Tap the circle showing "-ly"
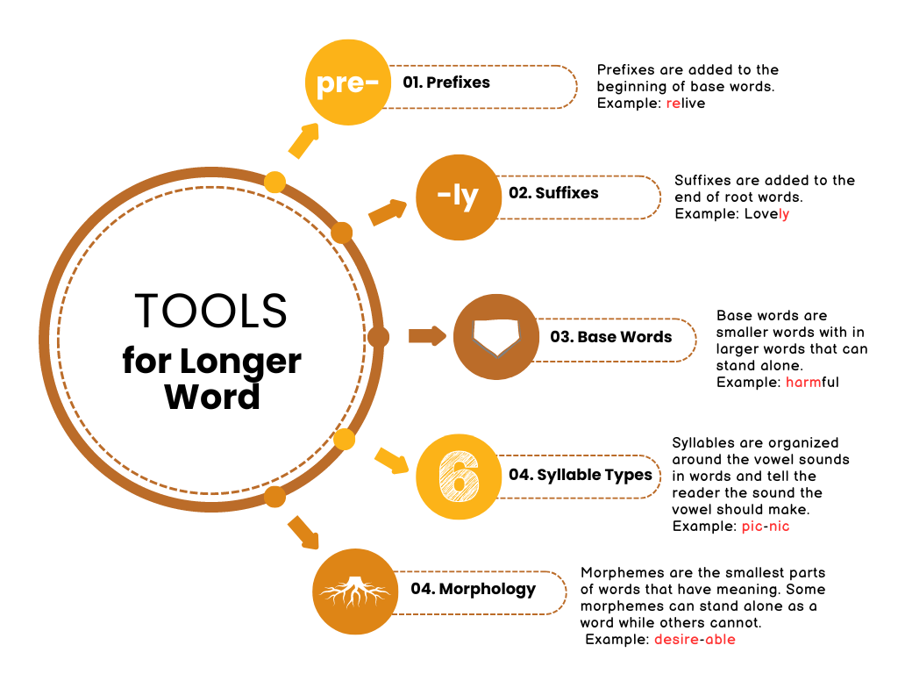click(x=458, y=197)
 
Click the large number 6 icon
click(x=458, y=477)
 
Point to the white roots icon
click(x=355, y=592)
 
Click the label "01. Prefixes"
click(x=446, y=82)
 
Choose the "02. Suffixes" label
click(x=553, y=192)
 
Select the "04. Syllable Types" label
click(x=581, y=475)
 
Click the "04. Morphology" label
click(x=473, y=588)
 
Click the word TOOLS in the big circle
click(x=211, y=311)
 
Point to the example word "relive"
click(x=686, y=104)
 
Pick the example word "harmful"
click(x=812, y=383)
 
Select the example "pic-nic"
click(x=766, y=527)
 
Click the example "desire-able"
click(x=695, y=640)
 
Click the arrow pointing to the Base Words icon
click(x=427, y=335)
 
